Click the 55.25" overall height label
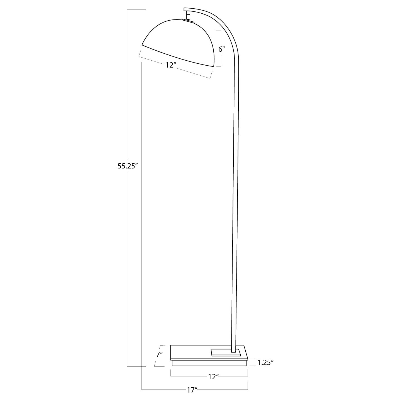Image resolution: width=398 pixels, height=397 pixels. tap(128, 166)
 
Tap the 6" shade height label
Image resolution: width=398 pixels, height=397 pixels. tap(221, 49)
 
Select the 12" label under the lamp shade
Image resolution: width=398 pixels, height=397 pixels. tap(171, 65)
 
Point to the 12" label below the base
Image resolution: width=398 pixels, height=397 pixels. tap(213, 377)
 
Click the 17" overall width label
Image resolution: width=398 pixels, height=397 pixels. tap(192, 390)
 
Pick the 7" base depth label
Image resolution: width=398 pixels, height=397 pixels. tap(159, 354)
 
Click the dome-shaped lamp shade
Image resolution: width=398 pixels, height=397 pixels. tap(181, 42)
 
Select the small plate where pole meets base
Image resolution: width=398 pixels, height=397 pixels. tap(226, 352)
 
